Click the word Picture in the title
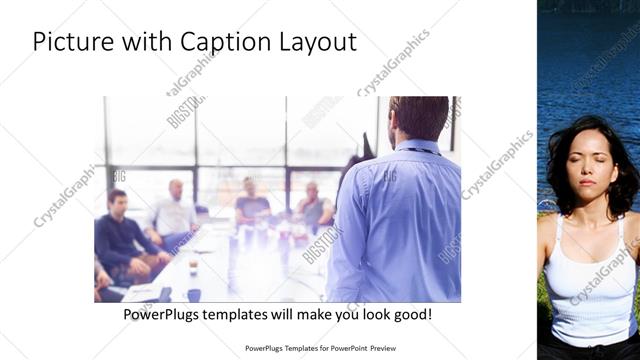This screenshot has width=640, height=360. [x=68, y=42]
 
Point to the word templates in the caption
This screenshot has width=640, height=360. [x=246, y=314]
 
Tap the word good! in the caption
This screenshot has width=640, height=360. [x=411, y=314]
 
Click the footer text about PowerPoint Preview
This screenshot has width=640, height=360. [x=321, y=348]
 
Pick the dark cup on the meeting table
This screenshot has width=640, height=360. [x=194, y=295]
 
